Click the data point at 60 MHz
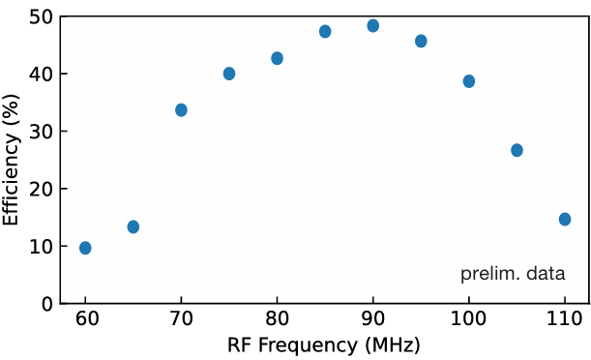(x=85, y=248)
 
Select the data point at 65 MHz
(x=133, y=226)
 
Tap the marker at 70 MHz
(x=181, y=110)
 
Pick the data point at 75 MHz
(x=229, y=74)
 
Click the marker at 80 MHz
(x=277, y=58)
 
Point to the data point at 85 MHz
(x=325, y=32)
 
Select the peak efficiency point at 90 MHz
(x=373, y=26)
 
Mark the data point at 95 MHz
(x=421, y=41)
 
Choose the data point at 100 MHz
(x=469, y=81)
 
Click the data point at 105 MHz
(x=517, y=150)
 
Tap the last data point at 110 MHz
(x=565, y=220)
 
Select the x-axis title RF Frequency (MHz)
(x=324, y=345)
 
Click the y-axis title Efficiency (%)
(x=12, y=160)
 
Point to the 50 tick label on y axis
(x=41, y=16)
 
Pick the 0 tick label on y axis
(x=46, y=304)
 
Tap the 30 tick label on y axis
(x=41, y=132)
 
